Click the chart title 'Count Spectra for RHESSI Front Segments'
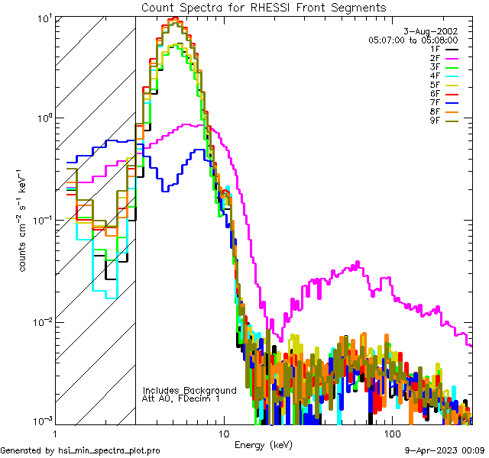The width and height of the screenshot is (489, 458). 264,7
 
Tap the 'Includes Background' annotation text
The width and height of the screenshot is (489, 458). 189,390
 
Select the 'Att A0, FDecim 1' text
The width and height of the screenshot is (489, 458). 181,398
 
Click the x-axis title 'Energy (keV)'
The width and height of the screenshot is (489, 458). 263,444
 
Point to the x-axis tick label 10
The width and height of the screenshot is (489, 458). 223,432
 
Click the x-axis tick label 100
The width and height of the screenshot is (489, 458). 392,432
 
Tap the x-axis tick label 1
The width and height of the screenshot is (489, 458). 54,432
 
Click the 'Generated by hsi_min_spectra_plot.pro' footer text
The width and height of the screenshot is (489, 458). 80,450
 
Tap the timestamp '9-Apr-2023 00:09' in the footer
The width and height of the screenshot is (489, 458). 445,450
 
